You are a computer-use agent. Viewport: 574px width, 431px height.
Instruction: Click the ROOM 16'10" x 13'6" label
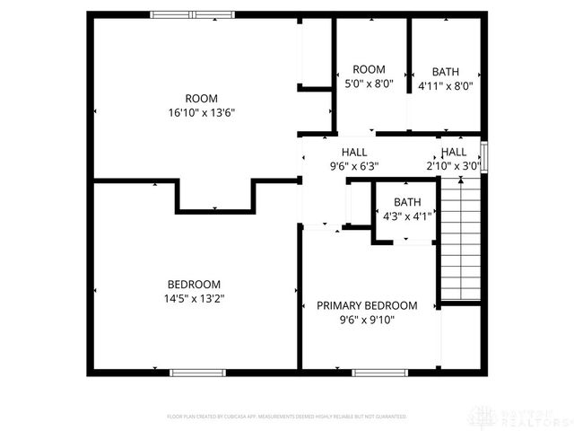(201, 105)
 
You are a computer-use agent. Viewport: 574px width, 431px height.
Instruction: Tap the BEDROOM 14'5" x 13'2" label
(194, 291)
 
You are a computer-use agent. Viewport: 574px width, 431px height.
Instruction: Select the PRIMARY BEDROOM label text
(367, 305)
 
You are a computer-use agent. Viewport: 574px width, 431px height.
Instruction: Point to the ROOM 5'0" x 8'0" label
(369, 78)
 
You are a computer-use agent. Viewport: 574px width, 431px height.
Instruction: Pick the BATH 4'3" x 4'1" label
(406, 209)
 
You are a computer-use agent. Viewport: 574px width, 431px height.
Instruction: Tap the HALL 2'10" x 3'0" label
(453, 159)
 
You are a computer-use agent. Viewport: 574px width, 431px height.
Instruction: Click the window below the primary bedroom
(378, 372)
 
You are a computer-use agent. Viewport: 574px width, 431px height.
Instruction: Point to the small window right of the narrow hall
(484, 157)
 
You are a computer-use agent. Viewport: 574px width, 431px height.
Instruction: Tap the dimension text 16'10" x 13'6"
(201, 112)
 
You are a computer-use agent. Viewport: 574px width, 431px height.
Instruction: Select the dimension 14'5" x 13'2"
(194, 298)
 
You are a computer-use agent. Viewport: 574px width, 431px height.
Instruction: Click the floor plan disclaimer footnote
(287, 417)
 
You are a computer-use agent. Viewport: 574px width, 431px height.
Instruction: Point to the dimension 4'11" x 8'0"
(446, 86)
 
